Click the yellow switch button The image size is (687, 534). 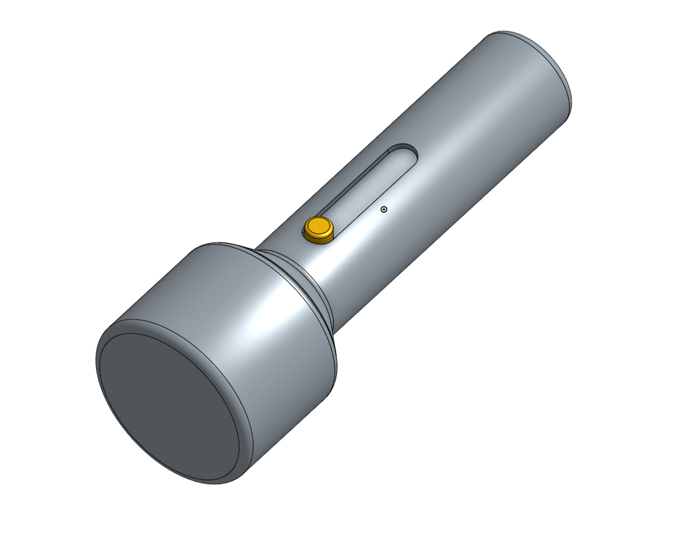click(x=319, y=228)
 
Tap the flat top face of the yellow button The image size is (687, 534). click(x=319, y=225)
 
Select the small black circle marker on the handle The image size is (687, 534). click(x=384, y=210)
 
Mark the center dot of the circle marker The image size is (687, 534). click(x=384, y=210)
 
